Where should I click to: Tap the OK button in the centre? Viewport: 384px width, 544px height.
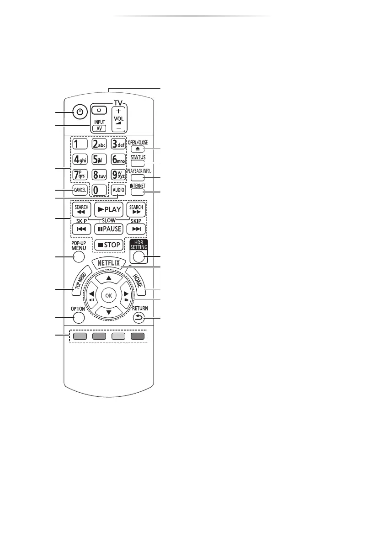coord(108,295)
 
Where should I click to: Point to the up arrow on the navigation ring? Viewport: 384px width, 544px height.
coord(108,278)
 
